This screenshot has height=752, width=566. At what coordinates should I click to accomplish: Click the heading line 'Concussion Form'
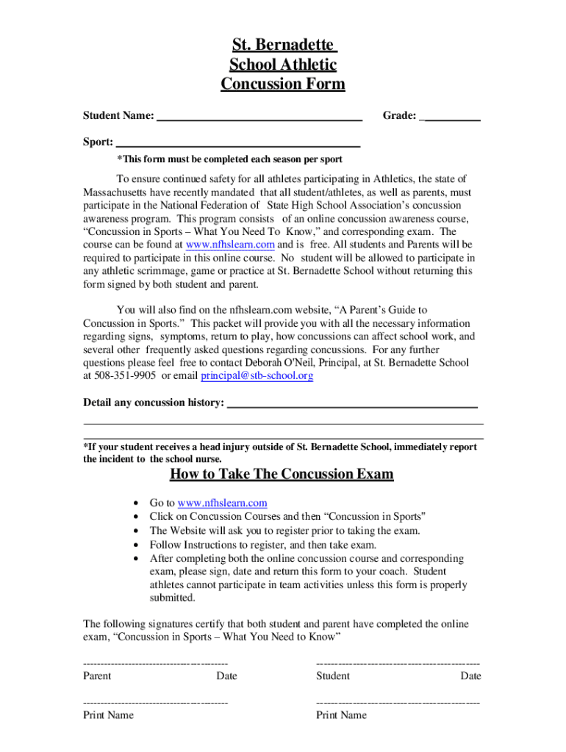[282, 84]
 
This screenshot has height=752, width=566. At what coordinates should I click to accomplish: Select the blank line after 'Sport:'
[238, 143]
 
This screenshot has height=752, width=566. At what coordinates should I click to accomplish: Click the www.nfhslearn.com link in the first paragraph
[230, 245]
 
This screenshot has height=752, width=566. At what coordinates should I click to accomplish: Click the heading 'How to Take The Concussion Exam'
[282, 474]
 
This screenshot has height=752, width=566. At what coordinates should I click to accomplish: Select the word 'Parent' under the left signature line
[97, 676]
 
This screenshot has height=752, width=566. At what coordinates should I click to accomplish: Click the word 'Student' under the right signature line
[333, 676]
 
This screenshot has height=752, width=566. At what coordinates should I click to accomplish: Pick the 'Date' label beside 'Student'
[470, 676]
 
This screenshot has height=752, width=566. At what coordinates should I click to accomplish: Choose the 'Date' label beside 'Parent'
[226, 676]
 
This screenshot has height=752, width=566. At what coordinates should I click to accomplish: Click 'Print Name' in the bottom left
[109, 715]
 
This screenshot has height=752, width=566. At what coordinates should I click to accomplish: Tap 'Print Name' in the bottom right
[341, 715]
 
